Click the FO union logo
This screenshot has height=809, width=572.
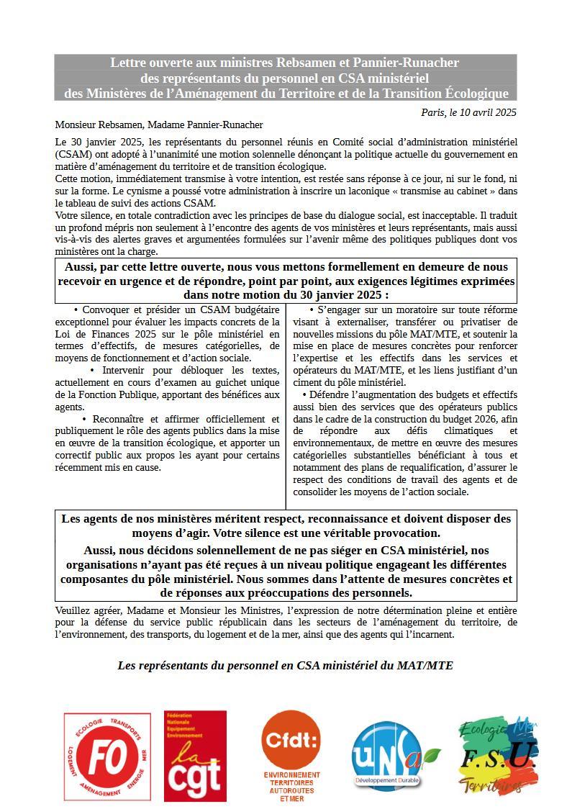point(107,756)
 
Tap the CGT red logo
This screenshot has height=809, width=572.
point(195,756)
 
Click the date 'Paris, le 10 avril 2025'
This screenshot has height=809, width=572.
point(468,112)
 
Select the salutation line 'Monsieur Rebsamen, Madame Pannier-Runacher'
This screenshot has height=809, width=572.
point(158,125)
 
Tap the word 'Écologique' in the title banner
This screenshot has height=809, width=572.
point(472,94)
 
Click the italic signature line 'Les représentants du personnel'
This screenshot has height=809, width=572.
point(285,665)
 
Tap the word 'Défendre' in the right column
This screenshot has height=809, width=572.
point(332,395)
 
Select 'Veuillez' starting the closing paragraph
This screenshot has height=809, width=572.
point(71,610)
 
